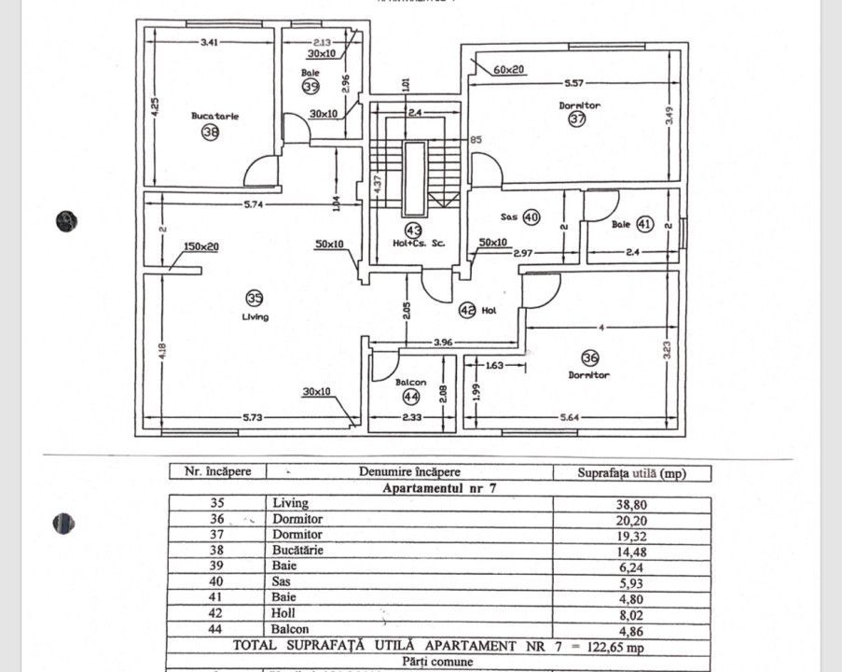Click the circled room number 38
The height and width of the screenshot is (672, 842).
click(210, 133)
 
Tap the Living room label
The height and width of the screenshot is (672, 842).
click(254, 316)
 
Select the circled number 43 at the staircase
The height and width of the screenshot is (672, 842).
click(412, 229)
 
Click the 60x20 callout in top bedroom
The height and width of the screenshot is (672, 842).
click(509, 69)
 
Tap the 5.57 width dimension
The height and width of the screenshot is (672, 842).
click(573, 83)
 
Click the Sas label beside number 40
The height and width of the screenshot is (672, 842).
click(509, 217)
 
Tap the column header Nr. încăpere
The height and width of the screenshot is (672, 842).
click(217, 472)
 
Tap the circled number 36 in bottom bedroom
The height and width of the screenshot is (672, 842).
click(589, 357)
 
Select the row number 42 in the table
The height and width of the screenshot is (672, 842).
click(217, 613)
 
